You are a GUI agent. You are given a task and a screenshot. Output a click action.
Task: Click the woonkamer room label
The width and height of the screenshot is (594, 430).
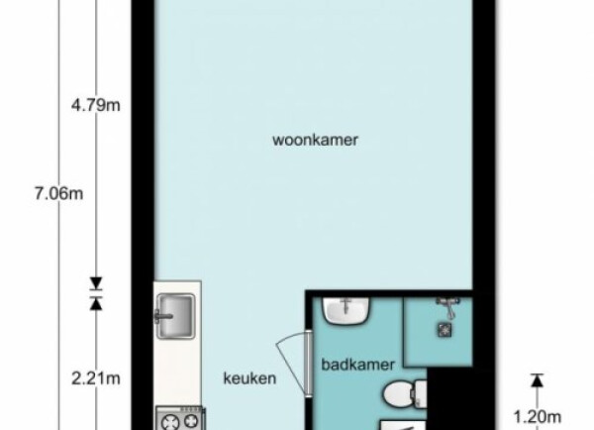pyautogui.click(x=315, y=140)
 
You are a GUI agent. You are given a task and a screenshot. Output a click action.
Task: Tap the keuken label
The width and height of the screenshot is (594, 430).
pyautogui.click(x=249, y=378)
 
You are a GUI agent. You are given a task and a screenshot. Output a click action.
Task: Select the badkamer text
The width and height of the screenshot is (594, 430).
pyautogui.click(x=358, y=365)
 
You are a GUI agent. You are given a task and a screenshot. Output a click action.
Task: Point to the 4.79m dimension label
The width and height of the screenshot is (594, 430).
pyautogui.click(x=96, y=105)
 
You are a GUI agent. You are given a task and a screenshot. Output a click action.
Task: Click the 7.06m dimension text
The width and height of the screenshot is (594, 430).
pyautogui.click(x=59, y=194)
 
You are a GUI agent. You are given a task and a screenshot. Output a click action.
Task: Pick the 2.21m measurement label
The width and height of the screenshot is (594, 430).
pyautogui.click(x=96, y=378)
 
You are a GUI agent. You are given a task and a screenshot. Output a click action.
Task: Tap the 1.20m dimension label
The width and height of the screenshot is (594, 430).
pyautogui.click(x=538, y=417)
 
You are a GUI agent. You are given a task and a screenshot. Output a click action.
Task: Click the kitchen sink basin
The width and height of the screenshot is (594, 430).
pyautogui.click(x=176, y=316)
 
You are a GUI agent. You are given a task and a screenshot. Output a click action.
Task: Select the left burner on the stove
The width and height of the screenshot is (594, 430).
pyautogui.click(x=169, y=422)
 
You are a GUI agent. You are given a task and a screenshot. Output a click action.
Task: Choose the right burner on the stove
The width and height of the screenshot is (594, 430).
pyautogui.click(x=190, y=422)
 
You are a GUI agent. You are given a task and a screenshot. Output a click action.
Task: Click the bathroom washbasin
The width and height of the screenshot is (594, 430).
pyautogui.click(x=346, y=310)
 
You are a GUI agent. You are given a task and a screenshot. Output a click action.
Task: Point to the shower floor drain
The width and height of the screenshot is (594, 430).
pyautogui.click(x=445, y=330)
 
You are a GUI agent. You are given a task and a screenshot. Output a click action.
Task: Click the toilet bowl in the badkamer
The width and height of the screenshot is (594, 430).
pyautogui.click(x=399, y=394)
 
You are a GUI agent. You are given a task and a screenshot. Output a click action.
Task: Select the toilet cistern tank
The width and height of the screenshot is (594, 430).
pyautogui.click(x=421, y=394)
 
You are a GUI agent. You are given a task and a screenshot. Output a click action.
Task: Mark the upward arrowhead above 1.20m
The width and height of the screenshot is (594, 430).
pyautogui.click(x=537, y=380)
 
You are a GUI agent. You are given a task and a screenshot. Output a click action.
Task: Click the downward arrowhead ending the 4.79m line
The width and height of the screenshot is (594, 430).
pyautogui.click(x=96, y=283)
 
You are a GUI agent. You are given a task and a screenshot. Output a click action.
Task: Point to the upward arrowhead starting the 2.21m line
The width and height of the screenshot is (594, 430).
pyautogui.click(x=96, y=303)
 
